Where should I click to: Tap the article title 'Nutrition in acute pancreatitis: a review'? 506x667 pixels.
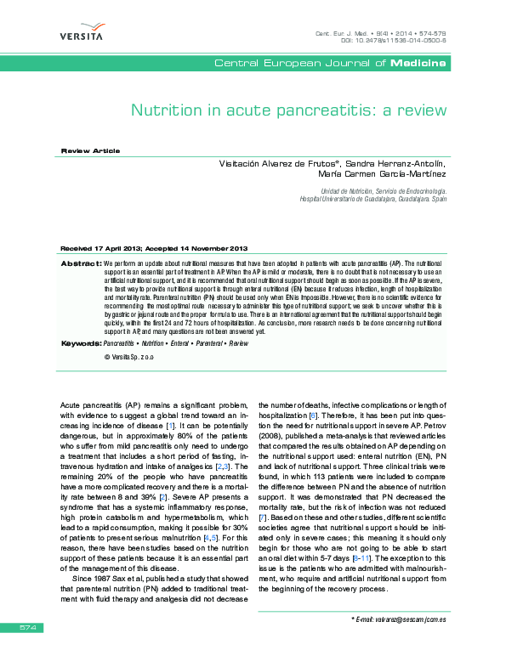coord(288,110)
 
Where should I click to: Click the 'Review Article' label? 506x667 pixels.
coord(88,150)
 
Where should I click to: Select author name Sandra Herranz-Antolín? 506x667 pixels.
coord(396,163)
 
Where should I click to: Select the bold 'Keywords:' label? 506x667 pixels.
coord(80,342)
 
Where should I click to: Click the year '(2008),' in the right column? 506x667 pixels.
coord(277,435)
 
